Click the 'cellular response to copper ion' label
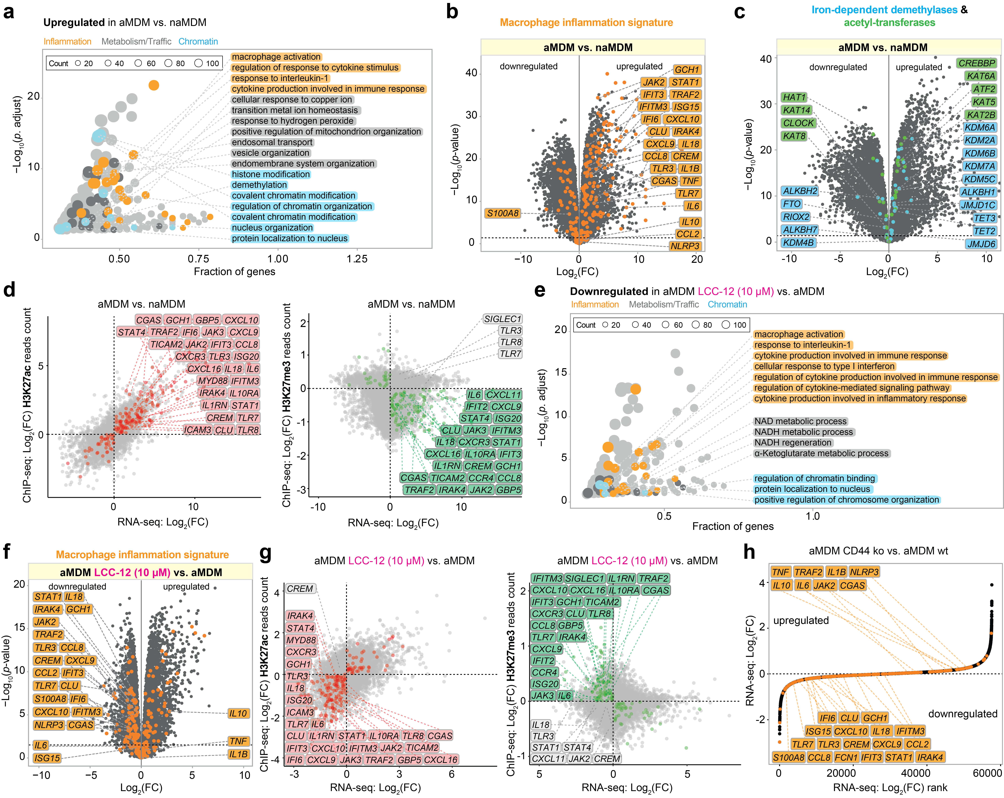(x=292, y=100)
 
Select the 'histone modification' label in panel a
(x=271, y=174)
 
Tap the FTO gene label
(x=792, y=204)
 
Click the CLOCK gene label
(x=798, y=123)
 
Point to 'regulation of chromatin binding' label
(x=815, y=478)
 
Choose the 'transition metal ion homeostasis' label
(x=295, y=110)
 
